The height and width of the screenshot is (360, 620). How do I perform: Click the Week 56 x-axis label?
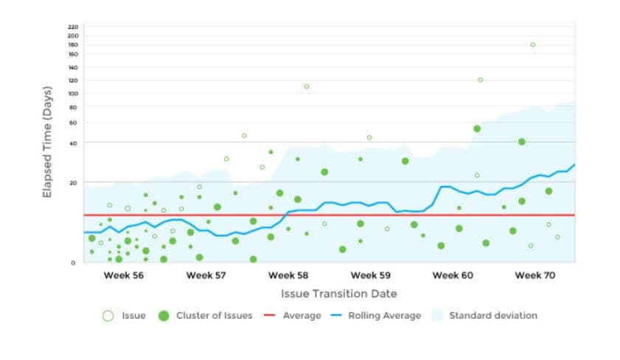[124, 276]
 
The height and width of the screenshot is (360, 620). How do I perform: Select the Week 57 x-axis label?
[206, 276]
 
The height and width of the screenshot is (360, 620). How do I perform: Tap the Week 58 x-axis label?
[288, 276]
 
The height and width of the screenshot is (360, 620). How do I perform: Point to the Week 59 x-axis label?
[370, 276]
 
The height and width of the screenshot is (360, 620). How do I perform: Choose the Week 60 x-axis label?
[452, 276]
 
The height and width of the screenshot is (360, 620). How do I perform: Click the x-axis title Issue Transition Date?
[339, 294]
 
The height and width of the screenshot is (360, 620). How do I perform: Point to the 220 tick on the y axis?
[73, 27]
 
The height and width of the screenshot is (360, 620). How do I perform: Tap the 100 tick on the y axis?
[73, 94]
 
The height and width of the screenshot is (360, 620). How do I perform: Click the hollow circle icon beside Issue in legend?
[108, 316]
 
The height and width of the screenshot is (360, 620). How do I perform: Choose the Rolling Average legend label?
[384, 316]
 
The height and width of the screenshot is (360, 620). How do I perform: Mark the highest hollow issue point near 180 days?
[532, 45]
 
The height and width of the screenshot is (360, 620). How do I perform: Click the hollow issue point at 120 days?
[480, 80]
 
